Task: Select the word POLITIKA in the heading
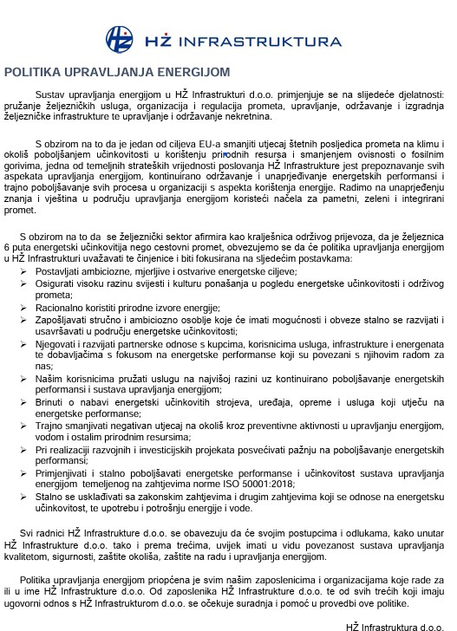(30, 73)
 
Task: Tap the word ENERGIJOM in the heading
(193, 73)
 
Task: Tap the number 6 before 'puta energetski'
(7, 248)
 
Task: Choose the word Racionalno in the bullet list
(62, 307)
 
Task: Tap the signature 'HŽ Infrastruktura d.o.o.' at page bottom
(395, 625)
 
